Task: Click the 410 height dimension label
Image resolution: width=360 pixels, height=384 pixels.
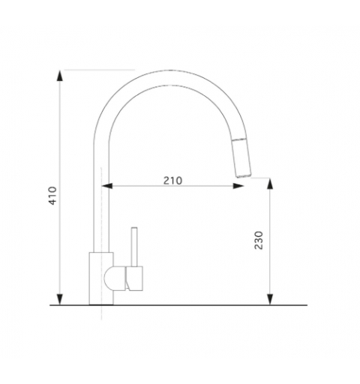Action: click(x=52, y=196)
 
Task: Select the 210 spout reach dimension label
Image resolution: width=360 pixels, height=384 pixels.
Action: click(x=172, y=180)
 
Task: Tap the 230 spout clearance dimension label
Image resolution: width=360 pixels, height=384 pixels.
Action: click(x=259, y=240)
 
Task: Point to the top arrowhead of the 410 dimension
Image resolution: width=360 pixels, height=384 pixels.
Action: click(x=59, y=76)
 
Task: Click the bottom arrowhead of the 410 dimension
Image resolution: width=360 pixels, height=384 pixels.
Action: click(x=59, y=299)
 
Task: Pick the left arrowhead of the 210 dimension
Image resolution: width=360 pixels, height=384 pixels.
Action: click(x=107, y=186)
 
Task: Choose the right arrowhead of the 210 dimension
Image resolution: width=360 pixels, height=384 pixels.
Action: click(x=238, y=186)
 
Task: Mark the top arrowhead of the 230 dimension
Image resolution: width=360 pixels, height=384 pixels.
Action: click(x=270, y=184)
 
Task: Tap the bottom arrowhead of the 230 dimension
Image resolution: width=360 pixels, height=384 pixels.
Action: click(x=270, y=299)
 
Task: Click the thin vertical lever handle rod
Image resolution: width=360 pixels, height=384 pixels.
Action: click(x=134, y=247)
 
